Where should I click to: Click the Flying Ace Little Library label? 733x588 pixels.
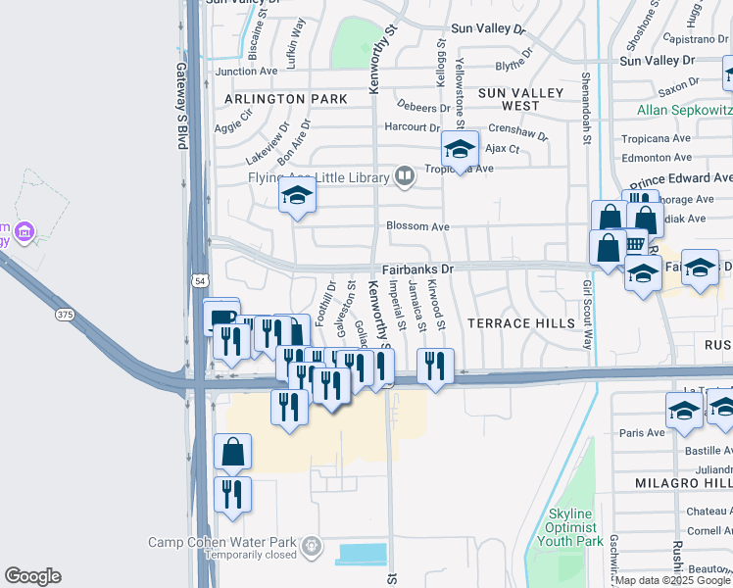(x=318, y=176)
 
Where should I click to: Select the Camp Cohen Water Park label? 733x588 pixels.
(x=224, y=543)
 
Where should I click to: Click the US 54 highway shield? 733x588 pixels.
(x=200, y=281)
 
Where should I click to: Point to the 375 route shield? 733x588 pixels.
(x=65, y=315)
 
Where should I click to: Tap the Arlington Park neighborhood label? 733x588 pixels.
(x=285, y=99)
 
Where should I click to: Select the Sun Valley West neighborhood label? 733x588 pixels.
(x=520, y=99)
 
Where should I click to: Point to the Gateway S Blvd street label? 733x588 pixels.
(x=181, y=106)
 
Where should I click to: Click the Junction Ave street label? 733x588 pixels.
(x=246, y=72)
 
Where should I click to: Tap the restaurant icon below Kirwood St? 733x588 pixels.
(x=434, y=367)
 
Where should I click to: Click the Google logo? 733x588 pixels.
(x=32, y=576)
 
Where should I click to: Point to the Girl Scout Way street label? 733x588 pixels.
(x=588, y=315)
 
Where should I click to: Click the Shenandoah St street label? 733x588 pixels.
(x=586, y=109)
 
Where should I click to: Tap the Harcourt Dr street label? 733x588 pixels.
(x=412, y=127)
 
